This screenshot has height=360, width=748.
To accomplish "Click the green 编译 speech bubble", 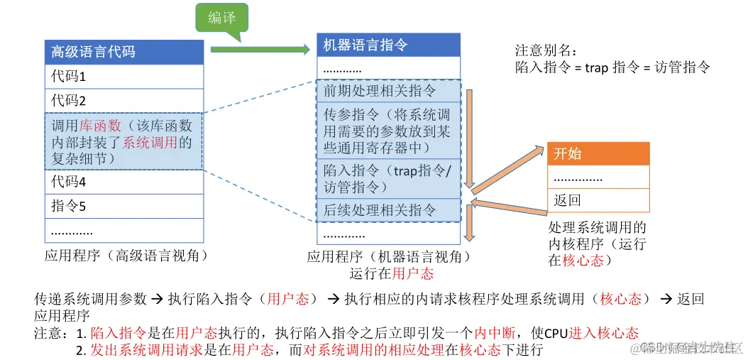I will pyautogui.click(x=222, y=19).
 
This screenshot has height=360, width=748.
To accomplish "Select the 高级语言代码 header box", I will pyautogui.click(x=124, y=52).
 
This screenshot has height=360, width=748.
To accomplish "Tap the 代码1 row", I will pyautogui.click(x=124, y=76).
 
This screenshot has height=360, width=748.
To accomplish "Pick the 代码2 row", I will pyautogui.click(x=124, y=100).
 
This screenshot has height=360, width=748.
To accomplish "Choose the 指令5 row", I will pyautogui.click(x=124, y=207).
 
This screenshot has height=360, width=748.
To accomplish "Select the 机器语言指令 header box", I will pyautogui.click(x=389, y=45).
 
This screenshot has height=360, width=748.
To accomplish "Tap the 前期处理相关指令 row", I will pyautogui.click(x=389, y=91).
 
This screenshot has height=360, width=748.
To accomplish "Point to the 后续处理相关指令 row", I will pyautogui.click(x=389, y=210).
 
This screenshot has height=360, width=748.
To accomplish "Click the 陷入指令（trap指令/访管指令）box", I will pyautogui.click(x=389, y=179).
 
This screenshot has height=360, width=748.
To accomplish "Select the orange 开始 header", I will pyautogui.click(x=598, y=153).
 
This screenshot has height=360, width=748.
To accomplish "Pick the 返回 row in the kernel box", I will pyautogui.click(x=598, y=201).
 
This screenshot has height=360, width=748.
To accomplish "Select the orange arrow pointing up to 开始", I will pyautogui.click(x=508, y=168).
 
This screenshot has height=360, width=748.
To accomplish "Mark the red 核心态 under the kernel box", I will pyautogui.click(x=583, y=261).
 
